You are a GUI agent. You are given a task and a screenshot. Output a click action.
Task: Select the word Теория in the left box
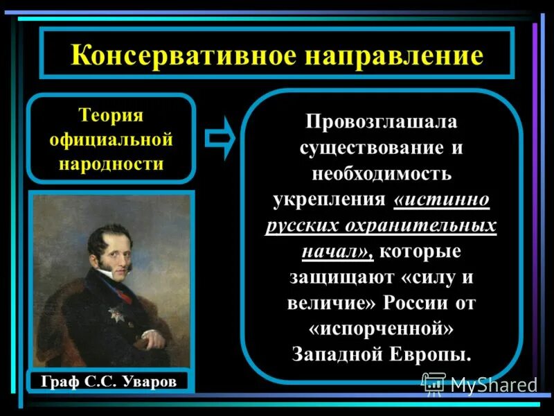pyautogui.click(x=111, y=115)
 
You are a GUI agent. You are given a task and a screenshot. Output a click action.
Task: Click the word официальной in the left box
pyautogui.click(x=111, y=140)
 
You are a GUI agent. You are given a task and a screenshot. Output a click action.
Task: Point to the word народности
pyautogui.click(x=111, y=164)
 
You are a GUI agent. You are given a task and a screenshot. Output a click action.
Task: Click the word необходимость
pyautogui.click(x=382, y=174)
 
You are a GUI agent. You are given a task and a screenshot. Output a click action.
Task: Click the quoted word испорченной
pyautogui.click(x=381, y=329)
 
